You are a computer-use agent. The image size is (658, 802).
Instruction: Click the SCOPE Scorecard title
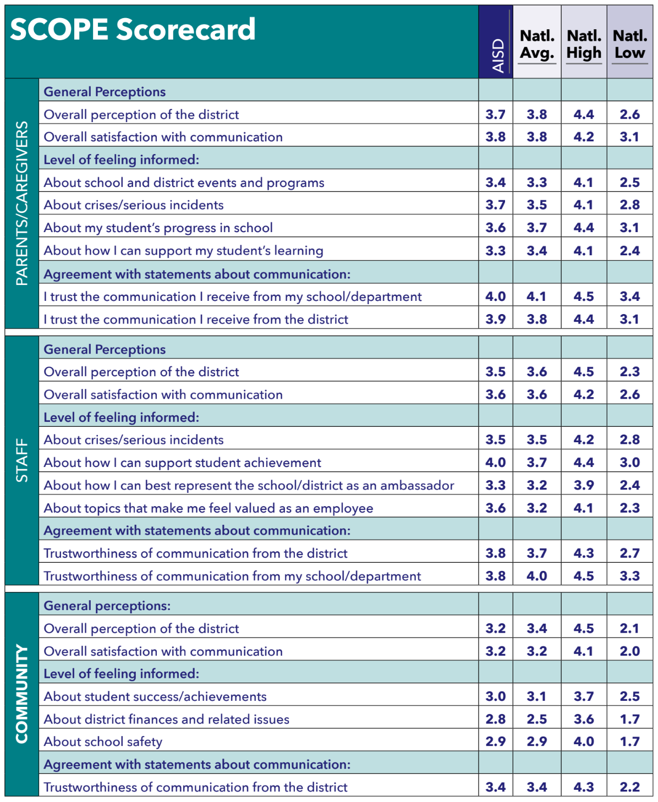pos(133,29)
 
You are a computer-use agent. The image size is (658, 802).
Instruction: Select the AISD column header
pos(498,56)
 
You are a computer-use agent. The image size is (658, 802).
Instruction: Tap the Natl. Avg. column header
pos(537,45)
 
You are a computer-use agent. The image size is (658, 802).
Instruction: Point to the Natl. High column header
pos(584,45)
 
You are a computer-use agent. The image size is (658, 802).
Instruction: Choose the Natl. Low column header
pos(630,45)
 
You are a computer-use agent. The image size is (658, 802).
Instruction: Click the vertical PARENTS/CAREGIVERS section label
pos(21,204)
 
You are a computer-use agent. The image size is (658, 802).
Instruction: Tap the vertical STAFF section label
pos(21,460)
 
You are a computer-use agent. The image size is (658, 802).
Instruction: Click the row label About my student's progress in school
pos(158,228)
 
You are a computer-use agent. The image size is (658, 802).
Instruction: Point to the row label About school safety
pos(103,741)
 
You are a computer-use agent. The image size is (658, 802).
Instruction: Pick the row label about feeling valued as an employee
pos(209,508)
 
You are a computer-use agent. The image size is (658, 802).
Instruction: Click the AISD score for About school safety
pos(495,741)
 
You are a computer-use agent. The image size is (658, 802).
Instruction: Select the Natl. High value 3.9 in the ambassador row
pos(584,485)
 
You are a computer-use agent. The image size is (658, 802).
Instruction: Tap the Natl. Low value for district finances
pos(630,719)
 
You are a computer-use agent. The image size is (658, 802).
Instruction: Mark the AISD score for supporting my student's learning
pos(495,251)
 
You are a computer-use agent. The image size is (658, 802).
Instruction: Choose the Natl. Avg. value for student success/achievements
pos(536,696)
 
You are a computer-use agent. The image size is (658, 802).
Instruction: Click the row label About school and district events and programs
pos(184,183)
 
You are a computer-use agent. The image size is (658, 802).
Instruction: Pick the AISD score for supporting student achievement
pos(495,463)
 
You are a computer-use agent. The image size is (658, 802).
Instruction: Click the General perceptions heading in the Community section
pos(107,606)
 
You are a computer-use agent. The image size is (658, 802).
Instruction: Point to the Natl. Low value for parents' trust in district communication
pos(630,319)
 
